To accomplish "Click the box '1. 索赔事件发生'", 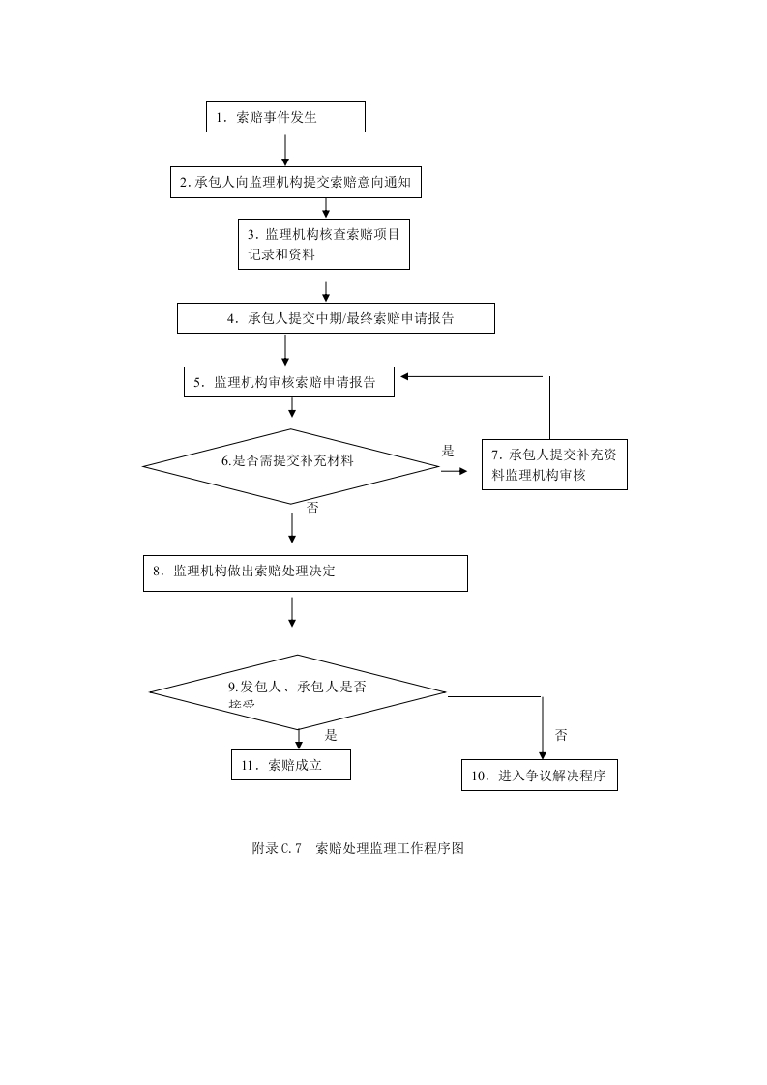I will (285, 117).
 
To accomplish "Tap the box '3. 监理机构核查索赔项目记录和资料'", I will (324, 243).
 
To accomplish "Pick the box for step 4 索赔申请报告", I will (336, 318).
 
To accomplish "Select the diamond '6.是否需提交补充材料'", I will (290, 465).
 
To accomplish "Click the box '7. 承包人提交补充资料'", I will (554, 464).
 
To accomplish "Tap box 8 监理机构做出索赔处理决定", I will (305, 572).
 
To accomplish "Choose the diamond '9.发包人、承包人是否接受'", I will (297, 691).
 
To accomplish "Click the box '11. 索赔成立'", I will (290, 765).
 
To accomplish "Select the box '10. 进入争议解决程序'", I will (539, 776).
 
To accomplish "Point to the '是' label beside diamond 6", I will (448, 451).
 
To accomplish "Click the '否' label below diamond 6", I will (312, 509).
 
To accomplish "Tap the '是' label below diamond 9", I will (331, 735).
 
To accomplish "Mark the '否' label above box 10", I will (561, 735).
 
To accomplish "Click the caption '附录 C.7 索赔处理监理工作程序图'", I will (358, 848).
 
